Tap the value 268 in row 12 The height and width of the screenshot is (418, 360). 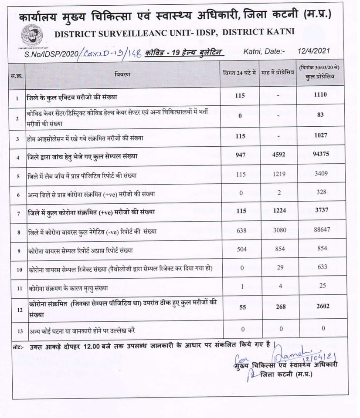tap(277, 306)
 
